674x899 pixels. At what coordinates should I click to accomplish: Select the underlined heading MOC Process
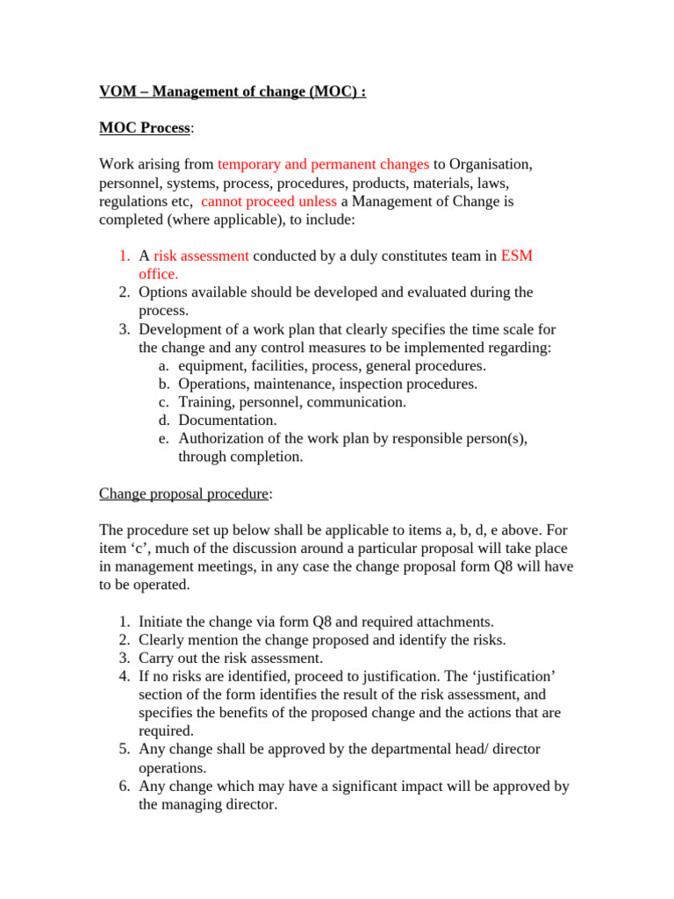click(144, 128)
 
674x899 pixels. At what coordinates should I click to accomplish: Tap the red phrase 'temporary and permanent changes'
click(323, 164)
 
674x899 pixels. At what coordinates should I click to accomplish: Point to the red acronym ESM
click(517, 255)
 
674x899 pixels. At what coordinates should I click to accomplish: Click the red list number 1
click(124, 255)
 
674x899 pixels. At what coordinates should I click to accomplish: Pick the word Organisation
click(490, 164)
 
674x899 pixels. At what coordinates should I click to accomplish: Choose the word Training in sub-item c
click(204, 402)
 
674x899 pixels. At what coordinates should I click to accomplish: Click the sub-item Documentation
click(227, 421)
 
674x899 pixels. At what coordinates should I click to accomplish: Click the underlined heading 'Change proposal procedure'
click(183, 493)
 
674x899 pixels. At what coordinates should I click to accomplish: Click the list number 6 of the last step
click(124, 786)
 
